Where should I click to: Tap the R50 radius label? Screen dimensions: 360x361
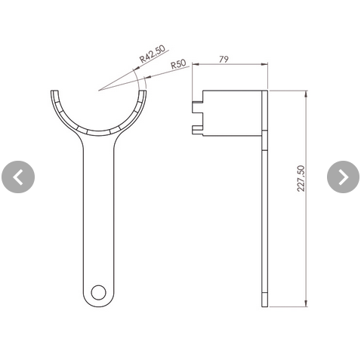pyautogui.click(x=178, y=65)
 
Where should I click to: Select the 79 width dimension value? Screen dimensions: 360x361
pyautogui.click(x=224, y=59)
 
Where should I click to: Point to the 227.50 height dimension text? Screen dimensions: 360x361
pyautogui.click(x=301, y=179)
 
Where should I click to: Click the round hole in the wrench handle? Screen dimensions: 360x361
pyautogui.click(x=97, y=291)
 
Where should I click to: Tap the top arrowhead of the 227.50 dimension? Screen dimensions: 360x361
pyautogui.click(x=307, y=93)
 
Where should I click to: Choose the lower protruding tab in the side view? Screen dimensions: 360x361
pyautogui.click(x=198, y=129)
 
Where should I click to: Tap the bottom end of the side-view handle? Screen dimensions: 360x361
pyautogui.click(x=264, y=304)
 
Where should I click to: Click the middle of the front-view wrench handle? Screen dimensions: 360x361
pyautogui.click(x=97, y=219)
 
